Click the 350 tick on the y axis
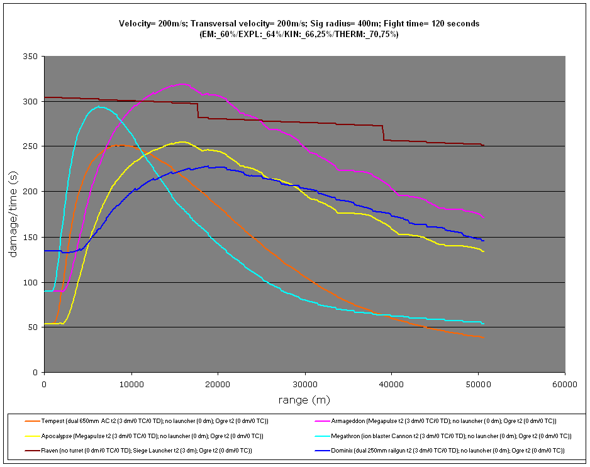click(33, 57)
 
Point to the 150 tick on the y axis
click(33, 237)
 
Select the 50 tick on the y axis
click(35, 327)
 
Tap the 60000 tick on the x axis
click(564, 383)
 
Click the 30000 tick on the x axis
click(304, 383)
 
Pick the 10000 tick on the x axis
click(131, 383)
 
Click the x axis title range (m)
click(304, 400)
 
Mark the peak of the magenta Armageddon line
click(182, 84)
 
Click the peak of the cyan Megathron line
click(99, 107)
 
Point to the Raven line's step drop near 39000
click(383, 133)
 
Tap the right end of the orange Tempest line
click(483, 338)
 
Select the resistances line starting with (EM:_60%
click(299, 34)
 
